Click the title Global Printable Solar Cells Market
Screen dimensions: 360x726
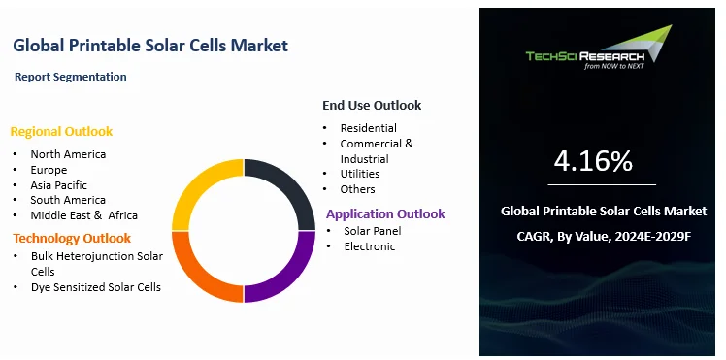[150, 46]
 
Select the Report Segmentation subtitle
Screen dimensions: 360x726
[71, 76]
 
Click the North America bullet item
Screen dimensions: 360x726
[68, 153]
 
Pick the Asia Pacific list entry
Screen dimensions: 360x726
[58, 184]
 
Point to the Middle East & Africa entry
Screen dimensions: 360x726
[83, 215]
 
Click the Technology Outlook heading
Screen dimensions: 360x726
[71, 238]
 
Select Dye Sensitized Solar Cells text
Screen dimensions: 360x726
[95, 287]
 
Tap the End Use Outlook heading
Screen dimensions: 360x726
[372, 105]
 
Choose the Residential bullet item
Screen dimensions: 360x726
[368, 127]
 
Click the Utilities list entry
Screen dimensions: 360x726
[359, 173]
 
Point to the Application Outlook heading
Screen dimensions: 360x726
[385, 213]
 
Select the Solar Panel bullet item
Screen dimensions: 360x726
[373, 231]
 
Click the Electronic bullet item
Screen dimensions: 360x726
[370, 246]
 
